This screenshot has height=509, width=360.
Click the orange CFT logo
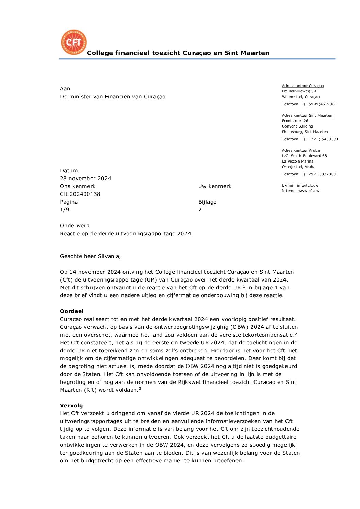pyautogui.click(x=73, y=42)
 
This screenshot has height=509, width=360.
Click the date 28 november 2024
pyautogui.click(x=85, y=179)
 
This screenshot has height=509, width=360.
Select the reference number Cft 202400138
pyautogui.click(x=80, y=194)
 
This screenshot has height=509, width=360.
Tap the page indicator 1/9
pyautogui.click(x=65, y=210)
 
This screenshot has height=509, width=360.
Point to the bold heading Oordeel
pyautogui.click(x=71, y=311)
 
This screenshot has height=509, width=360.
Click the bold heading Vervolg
pyautogui.click(x=71, y=406)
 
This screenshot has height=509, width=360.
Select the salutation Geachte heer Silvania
pyautogui.click(x=90, y=256)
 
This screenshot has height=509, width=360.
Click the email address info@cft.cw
pyautogui.click(x=307, y=186)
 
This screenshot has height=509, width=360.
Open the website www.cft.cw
pyautogui.click(x=309, y=191)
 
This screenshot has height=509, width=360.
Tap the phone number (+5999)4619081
pyautogui.click(x=320, y=104)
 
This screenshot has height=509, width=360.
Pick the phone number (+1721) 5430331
pyautogui.click(x=321, y=139)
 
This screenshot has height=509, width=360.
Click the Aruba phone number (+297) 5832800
pyautogui.click(x=320, y=174)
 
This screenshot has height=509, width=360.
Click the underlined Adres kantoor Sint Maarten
pyautogui.click(x=307, y=116)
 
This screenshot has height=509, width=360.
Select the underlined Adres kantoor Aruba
pyautogui.click(x=301, y=151)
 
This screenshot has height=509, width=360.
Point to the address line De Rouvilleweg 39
pyautogui.click(x=299, y=91)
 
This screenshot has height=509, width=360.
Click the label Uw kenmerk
pyautogui.click(x=215, y=186)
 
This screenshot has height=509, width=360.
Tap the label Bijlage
pyautogui.click(x=207, y=202)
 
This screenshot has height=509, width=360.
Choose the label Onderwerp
pyautogui.click(x=75, y=226)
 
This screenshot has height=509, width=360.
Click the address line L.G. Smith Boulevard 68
pyautogui.click(x=304, y=156)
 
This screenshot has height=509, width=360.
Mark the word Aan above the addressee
pyautogui.click(x=65, y=89)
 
